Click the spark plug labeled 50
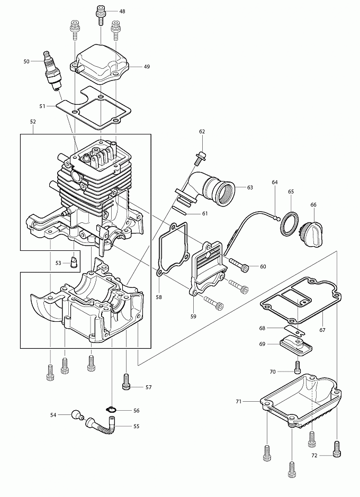pos(52,70)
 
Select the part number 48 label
pos(122,12)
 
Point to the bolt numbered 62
pos(199,158)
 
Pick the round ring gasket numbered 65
pos(289,224)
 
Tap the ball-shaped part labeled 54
pos(77,414)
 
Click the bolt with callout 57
pos(125,381)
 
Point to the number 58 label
pos(158,297)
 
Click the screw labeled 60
pos(238,264)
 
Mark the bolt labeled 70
pos(297,367)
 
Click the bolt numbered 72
pos(336,449)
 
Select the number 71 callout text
pos(239,402)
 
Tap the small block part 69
pos(296,346)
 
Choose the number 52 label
pos(33,121)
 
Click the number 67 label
pos(322,330)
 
